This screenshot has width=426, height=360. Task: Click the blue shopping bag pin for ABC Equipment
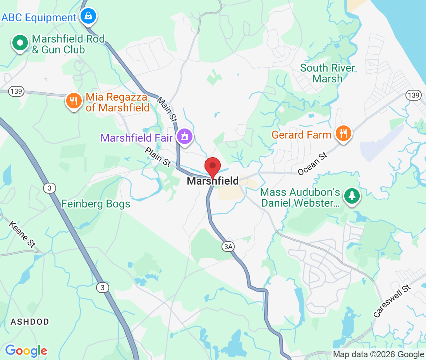[x=88, y=16]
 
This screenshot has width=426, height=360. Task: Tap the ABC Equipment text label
[x=39, y=18]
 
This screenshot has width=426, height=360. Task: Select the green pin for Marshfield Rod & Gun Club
[x=20, y=43]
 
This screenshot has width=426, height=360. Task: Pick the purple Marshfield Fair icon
[x=185, y=137]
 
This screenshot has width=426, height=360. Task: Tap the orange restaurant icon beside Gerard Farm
[x=343, y=134]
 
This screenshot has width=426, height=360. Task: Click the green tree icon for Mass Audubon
[x=352, y=196]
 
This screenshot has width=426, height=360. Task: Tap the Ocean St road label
[x=313, y=163]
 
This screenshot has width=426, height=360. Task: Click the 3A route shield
[x=228, y=246]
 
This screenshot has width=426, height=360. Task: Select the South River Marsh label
[x=328, y=73]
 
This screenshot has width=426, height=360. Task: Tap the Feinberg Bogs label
[x=96, y=204]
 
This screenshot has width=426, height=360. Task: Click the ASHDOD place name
[x=30, y=322]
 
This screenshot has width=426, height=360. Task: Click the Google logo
[x=26, y=351]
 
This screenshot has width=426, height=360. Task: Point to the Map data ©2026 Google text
[x=379, y=354]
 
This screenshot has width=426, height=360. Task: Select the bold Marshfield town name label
[x=213, y=181]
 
